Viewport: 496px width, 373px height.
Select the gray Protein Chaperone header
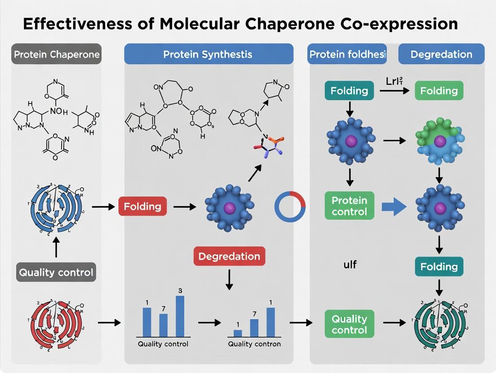(x=56, y=55)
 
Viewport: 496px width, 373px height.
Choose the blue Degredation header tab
(x=441, y=55)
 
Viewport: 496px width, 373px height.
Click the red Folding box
(x=142, y=207)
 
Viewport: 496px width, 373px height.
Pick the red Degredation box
(x=229, y=256)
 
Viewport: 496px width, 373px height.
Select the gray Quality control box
(x=56, y=272)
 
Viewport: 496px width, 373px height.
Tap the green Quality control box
(x=349, y=325)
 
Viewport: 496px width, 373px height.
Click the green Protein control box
(x=349, y=206)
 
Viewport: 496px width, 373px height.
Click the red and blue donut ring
(x=290, y=207)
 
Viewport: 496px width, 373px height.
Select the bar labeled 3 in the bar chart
(x=180, y=316)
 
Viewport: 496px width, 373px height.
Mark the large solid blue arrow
(x=394, y=207)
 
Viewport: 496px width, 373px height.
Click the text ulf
(x=350, y=265)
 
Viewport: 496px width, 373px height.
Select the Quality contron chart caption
(x=254, y=344)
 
